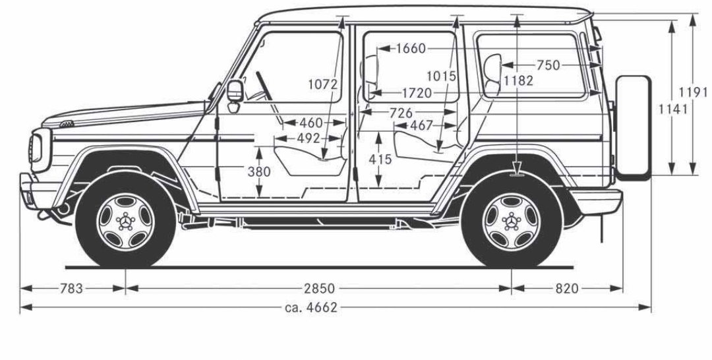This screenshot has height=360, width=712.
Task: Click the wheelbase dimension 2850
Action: [x=319, y=288]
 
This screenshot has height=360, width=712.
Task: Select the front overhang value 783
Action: [x=71, y=288]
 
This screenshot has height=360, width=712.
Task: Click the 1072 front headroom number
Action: [x=322, y=84]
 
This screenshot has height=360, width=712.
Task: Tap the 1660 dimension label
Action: [x=412, y=49]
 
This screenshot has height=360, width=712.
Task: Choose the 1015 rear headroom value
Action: [x=441, y=76]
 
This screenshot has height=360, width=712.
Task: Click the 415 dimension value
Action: [x=380, y=159]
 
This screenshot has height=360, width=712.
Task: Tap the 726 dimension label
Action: [x=401, y=113]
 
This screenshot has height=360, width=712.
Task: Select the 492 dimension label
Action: [x=307, y=138]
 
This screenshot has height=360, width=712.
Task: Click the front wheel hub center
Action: [x=125, y=220]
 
